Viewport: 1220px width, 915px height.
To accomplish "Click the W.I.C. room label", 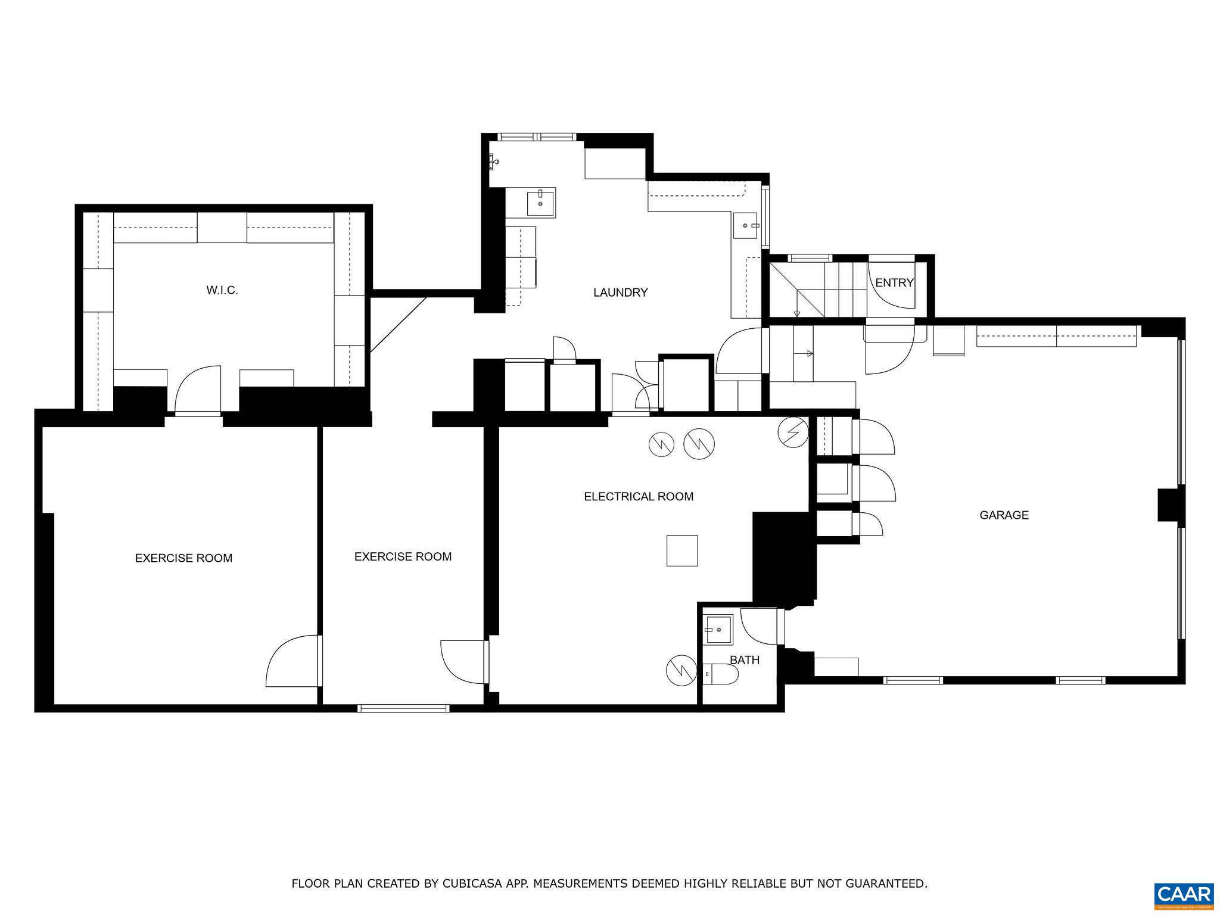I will (x=222, y=291).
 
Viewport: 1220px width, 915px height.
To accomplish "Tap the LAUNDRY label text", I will (x=620, y=292).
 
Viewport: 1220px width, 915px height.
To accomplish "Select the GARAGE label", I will (x=1004, y=515).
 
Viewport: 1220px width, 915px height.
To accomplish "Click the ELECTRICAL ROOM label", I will (x=639, y=497).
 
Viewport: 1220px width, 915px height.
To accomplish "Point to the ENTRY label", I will (x=894, y=283).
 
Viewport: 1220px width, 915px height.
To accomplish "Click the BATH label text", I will (x=745, y=660).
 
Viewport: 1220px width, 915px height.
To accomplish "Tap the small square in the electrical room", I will (x=682, y=550).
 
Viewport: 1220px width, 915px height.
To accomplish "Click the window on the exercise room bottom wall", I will (x=403, y=708).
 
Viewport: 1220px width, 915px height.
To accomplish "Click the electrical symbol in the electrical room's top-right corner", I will (x=793, y=431).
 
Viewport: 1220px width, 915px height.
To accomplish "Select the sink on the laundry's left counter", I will (x=540, y=201).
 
